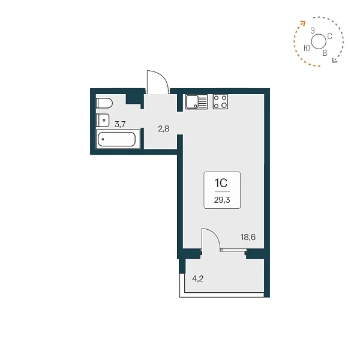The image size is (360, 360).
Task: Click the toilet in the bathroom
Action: coord(104,103)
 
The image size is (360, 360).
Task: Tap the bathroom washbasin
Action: coord(103,120)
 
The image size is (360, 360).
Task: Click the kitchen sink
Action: coord(197,102)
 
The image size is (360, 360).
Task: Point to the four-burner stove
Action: coord(220,102)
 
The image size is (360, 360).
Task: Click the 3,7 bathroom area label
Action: coord(120,124)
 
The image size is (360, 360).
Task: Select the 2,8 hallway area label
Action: coord(164,129)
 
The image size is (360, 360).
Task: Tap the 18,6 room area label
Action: coord(248,237)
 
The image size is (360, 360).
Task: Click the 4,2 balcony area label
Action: coord(198,279)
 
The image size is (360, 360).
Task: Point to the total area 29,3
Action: coord(222,200)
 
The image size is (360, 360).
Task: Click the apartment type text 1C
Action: coord(221,183)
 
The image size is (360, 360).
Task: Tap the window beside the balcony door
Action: coord(233,250)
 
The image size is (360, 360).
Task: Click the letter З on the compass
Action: coord(313,31)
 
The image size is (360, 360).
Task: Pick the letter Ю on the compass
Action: coord(307,48)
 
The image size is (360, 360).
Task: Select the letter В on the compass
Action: coord(325,53)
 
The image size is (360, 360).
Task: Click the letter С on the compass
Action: coord(329,36)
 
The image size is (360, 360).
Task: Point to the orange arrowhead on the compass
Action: coord(303,23)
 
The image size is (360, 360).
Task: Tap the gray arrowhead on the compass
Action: coord(335,60)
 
